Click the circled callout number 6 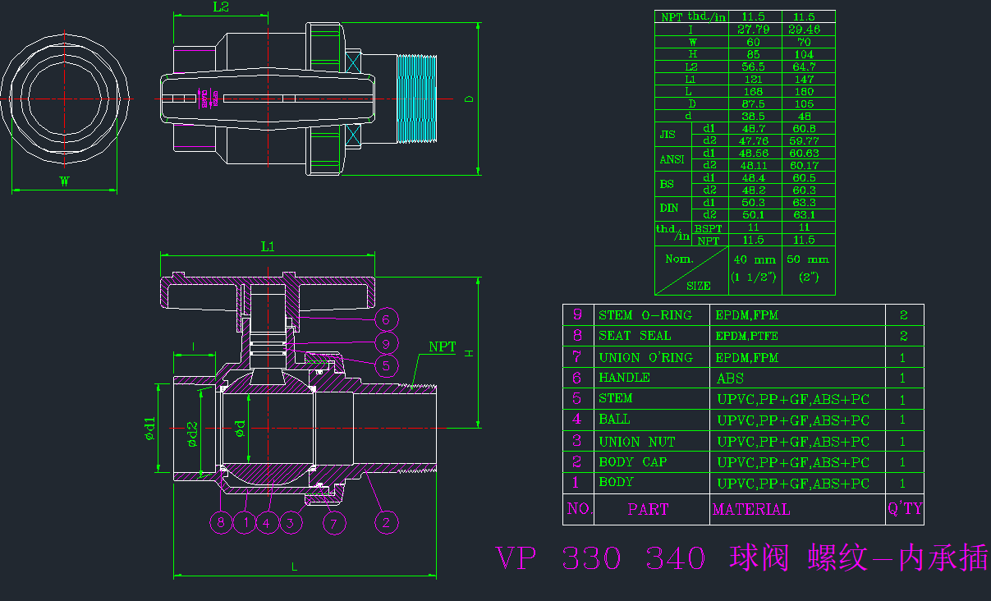point(387,319)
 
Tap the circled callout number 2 point(387,521)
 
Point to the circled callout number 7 point(334,521)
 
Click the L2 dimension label point(221,7)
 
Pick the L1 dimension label point(268,246)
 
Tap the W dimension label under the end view point(63,182)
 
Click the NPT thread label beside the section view point(442,347)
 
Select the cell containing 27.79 point(754,30)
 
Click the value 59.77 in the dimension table point(804,140)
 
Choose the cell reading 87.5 point(754,104)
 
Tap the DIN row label point(669,209)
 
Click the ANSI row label point(672,159)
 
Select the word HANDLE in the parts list point(624,378)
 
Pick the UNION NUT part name point(636,442)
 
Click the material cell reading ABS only point(731,378)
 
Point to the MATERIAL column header point(750,509)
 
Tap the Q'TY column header point(904,509)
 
